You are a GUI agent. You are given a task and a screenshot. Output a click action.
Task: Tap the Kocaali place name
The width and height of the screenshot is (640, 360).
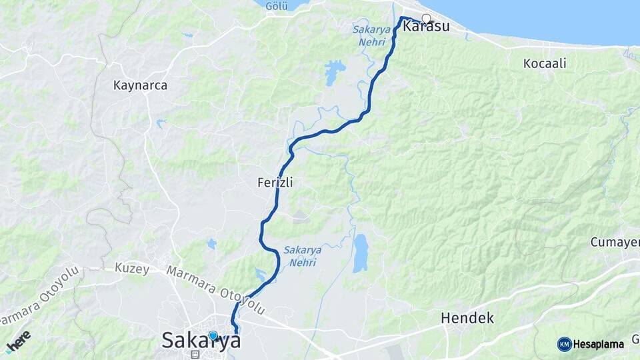click(545, 63)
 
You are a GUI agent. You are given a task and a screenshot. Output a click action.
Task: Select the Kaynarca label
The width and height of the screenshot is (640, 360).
click(140, 85)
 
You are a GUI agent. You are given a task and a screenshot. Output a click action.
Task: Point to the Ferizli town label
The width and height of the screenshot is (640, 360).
click(276, 181)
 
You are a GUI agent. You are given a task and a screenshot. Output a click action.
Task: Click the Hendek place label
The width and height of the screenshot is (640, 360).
click(467, 318)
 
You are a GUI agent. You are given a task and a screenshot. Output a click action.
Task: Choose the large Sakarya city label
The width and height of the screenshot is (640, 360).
click(201, 341)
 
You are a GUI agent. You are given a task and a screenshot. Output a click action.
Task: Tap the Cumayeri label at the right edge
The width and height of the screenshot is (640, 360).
click(615, 242)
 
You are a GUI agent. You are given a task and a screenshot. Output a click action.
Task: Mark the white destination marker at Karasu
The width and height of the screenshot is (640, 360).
click(426, 19)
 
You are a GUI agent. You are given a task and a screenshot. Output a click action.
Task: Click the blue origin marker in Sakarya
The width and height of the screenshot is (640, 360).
click(213, 335)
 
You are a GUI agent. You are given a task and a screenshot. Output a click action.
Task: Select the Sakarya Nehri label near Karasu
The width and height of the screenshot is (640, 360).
click(371, 34)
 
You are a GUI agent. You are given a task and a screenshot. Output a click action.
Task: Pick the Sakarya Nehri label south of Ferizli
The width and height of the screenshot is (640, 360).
click(303, 255)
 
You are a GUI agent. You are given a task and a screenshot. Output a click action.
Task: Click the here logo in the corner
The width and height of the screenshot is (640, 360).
click(18, 340)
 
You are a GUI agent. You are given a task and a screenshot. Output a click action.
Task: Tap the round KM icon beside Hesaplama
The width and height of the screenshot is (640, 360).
click(564, 344)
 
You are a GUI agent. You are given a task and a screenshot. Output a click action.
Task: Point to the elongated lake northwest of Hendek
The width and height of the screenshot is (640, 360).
click(360, 253)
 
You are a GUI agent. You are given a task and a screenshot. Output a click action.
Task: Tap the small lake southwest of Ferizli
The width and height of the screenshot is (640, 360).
click(211, 244)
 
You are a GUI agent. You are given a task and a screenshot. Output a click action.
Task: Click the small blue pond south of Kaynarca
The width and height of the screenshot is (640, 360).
click(160, 123)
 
